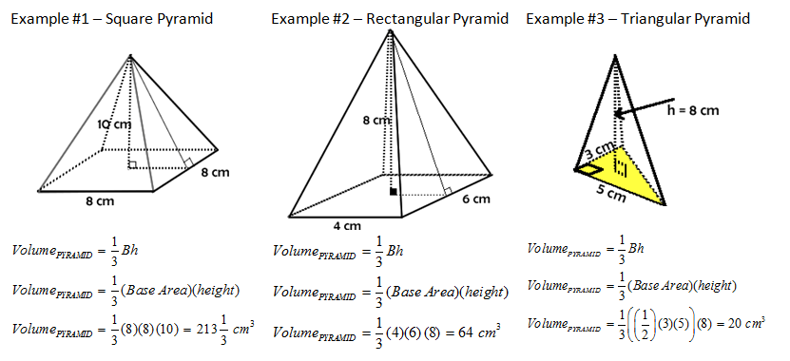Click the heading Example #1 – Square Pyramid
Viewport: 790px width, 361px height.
click(x=112, y=19)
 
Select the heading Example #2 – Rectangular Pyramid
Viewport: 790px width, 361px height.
click(x=390, y=19)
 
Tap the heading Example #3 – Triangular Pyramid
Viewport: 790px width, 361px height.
click(x=638, y=19)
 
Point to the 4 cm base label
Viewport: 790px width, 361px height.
click(x=347, y=226)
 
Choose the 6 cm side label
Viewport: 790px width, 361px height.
click(x=475, y=199)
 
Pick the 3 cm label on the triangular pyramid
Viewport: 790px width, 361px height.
click(x=600, y=149)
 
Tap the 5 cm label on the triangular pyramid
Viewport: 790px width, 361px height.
click(x=609, y=192)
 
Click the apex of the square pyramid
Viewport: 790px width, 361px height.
click(x=130, y=56)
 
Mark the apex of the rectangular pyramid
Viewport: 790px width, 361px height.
click(x=390, y=30)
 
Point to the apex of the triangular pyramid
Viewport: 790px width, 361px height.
click(x=615, y=55)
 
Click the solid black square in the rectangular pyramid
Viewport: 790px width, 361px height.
click(x=393, y=192)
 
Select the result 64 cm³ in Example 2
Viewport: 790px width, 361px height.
click(x=472, y=332)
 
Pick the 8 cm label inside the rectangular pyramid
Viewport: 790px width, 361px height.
click(x=376, y=121)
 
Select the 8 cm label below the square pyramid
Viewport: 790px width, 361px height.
click(x=99, y=201)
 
